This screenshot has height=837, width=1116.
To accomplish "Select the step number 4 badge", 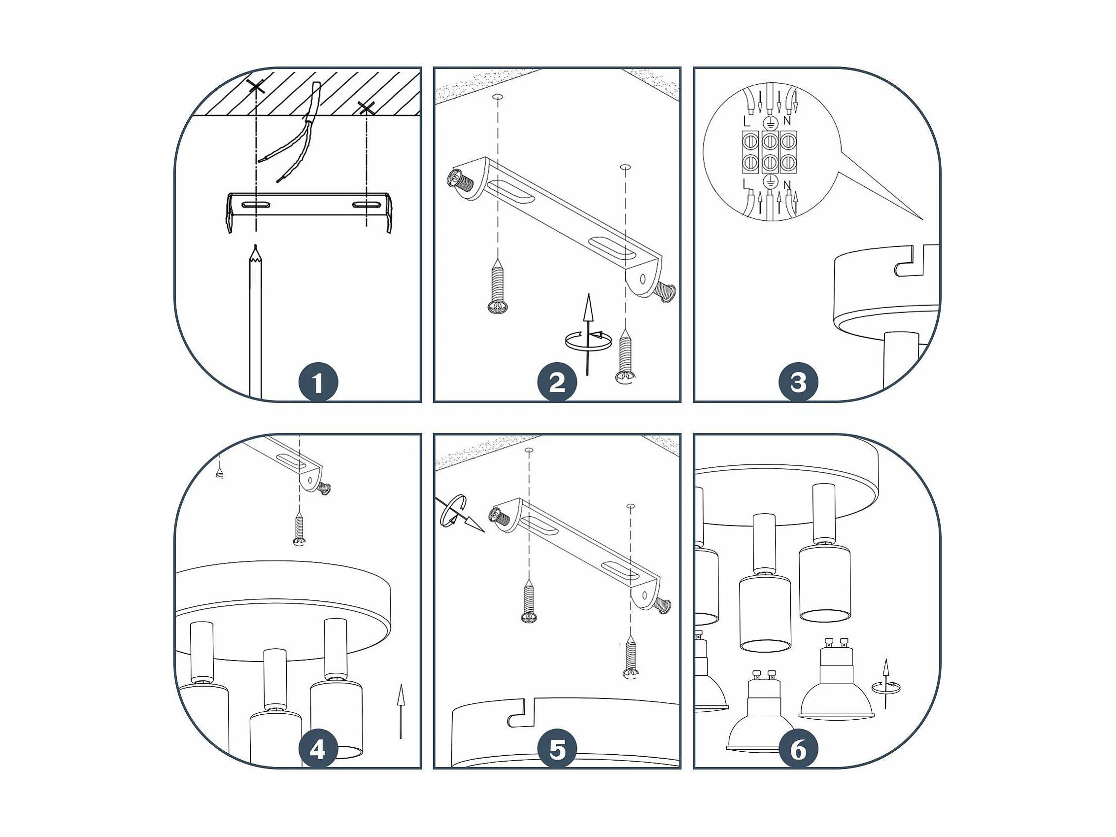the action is point(318,750).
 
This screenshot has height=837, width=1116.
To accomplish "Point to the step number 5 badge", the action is point(557,750).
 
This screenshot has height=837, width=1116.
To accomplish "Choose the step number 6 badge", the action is point(798,750).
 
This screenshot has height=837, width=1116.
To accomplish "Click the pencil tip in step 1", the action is point(256,246).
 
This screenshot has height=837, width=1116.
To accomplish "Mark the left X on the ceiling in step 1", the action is point(257,86).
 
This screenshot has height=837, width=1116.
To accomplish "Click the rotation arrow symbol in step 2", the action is point(587,335).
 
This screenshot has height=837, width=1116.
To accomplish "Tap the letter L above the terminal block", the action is point(747,122).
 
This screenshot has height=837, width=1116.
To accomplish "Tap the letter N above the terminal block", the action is point(787,121).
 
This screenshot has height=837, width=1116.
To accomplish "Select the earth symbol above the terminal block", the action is point(770,122).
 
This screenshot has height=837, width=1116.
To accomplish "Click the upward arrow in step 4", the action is point(401,712).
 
